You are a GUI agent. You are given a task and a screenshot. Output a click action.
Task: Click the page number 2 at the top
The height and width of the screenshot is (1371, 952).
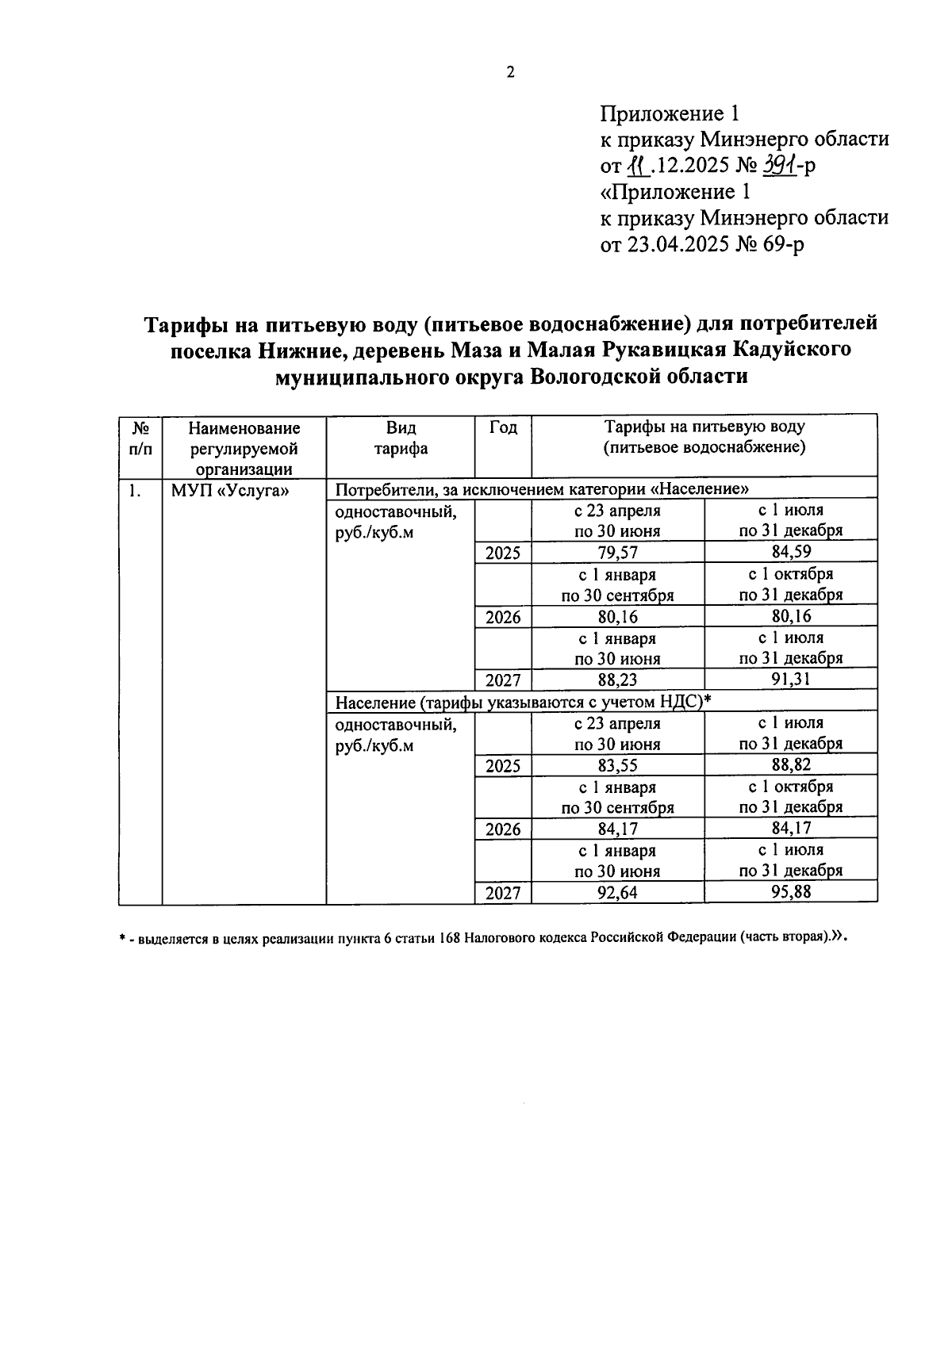click(x=510, y=72)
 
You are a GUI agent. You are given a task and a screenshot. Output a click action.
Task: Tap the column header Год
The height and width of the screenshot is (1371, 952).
click(x=503, y=428)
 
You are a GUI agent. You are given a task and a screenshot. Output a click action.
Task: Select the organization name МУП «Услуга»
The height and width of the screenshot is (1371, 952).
click(x=230, y=491)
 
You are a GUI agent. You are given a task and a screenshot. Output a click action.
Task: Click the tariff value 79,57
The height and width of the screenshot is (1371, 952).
click(x=617, y=553)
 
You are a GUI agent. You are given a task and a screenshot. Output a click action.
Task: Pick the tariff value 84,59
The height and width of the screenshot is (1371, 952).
click(x=790, y=552)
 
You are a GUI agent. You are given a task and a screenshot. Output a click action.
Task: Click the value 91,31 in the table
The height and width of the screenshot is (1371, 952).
click(x=790, y=680)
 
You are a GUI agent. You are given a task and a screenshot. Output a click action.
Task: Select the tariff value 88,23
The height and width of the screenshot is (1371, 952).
click(x=617, y=680)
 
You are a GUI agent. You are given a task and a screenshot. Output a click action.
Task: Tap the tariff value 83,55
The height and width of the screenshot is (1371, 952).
click(x=617, y=766)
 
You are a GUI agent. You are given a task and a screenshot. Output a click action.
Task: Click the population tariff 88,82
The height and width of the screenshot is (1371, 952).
click(x=790, y=765)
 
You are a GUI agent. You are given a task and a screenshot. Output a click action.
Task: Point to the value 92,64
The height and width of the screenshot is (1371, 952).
click(x=617, y=894)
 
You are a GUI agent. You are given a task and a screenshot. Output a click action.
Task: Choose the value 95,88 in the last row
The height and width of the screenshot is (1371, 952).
click(x=790, y=893)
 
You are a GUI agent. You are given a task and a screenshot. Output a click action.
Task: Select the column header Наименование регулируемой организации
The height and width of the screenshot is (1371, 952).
click(x=244, y=448)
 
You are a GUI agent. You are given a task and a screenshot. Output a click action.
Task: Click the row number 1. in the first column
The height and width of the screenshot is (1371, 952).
click(x=135, y=491)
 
